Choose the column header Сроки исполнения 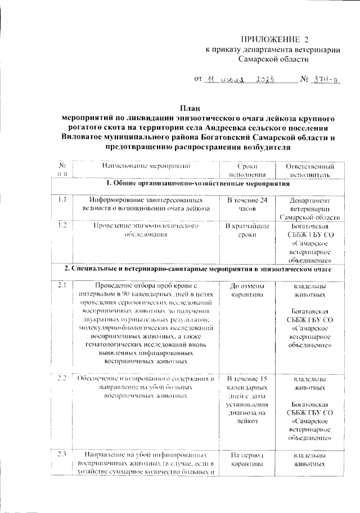(x=247, y=170)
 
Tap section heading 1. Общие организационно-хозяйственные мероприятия (x=200, y=184)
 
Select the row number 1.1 (x=63, y=199)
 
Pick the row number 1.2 (x=63, y=225)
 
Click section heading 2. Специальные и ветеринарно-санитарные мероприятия (x=200, y=270)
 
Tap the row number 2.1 (x=63, y=285)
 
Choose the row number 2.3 (x=63, y=453)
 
